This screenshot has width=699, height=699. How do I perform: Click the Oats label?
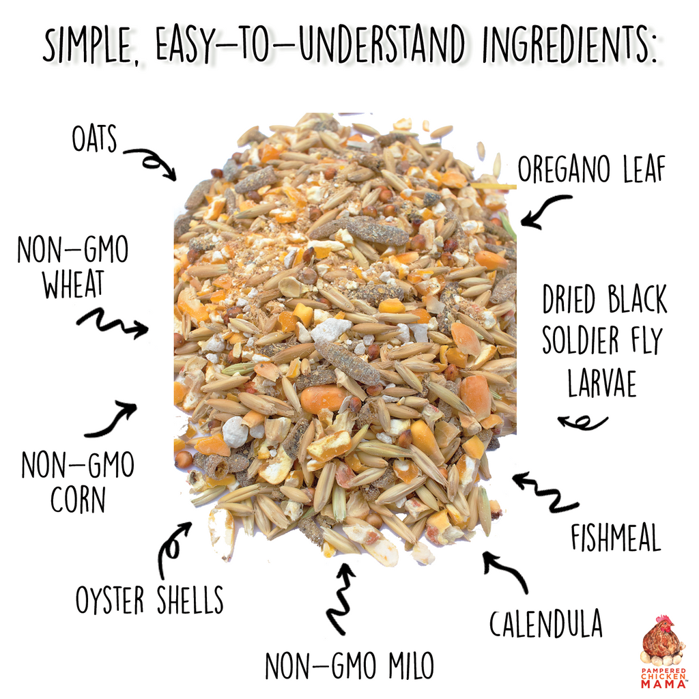click(94, 139)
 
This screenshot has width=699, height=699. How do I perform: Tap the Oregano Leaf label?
click(590, 170)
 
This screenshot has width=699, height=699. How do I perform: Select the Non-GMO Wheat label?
click(73, 266)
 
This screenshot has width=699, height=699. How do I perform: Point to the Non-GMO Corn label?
click(77, 481)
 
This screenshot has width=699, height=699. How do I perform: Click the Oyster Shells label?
click(149, 599)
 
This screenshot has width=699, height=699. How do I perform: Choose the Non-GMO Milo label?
click(349, 665)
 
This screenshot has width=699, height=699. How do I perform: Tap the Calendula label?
click(545, 623)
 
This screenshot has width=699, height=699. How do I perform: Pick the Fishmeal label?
click(616, 537)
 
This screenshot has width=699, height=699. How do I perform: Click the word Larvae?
click(601, 384)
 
